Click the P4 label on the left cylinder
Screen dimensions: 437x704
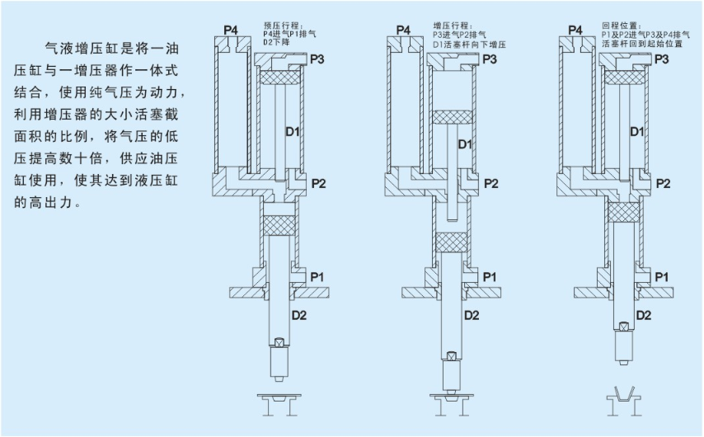[x=231, y=31]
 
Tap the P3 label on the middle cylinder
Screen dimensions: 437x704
[x=490, y=59]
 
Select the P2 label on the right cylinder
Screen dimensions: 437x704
[x=662, y=183]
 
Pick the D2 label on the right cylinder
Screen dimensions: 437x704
[x=644, y=315]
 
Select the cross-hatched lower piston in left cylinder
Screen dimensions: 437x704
[x=279, y=223]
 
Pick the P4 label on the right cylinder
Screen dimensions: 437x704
[x=575, y=31]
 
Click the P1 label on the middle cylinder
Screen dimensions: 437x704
[x=490, y=275]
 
